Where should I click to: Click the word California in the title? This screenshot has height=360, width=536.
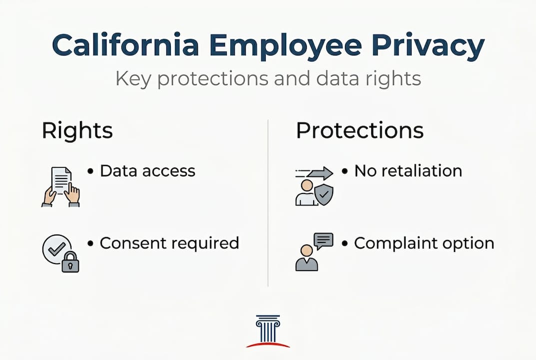click(x=126, y=45)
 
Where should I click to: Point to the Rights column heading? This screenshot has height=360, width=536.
click(x=77, y=130)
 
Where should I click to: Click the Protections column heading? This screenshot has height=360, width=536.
click(x=360, y=130)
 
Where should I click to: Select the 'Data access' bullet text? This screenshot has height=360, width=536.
click(x=147, y=171)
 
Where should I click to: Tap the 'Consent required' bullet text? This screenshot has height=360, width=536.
click(x=169, y=243)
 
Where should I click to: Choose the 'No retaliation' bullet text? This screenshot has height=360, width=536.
click(x=408, y=171)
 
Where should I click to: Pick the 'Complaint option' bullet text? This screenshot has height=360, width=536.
click(x=424, y=243)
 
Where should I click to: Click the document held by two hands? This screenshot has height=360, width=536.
click(x=61, y=180)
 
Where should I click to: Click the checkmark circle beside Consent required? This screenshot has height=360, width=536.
click(x=54, y=246)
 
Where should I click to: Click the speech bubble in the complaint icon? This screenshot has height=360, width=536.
click(x=323, y=240)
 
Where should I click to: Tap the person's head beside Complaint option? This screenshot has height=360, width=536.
click(x=306, y=250)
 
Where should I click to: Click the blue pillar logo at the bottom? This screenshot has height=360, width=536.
click(x=268, y=328)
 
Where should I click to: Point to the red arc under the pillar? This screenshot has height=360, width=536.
click(x=268, y=344)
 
